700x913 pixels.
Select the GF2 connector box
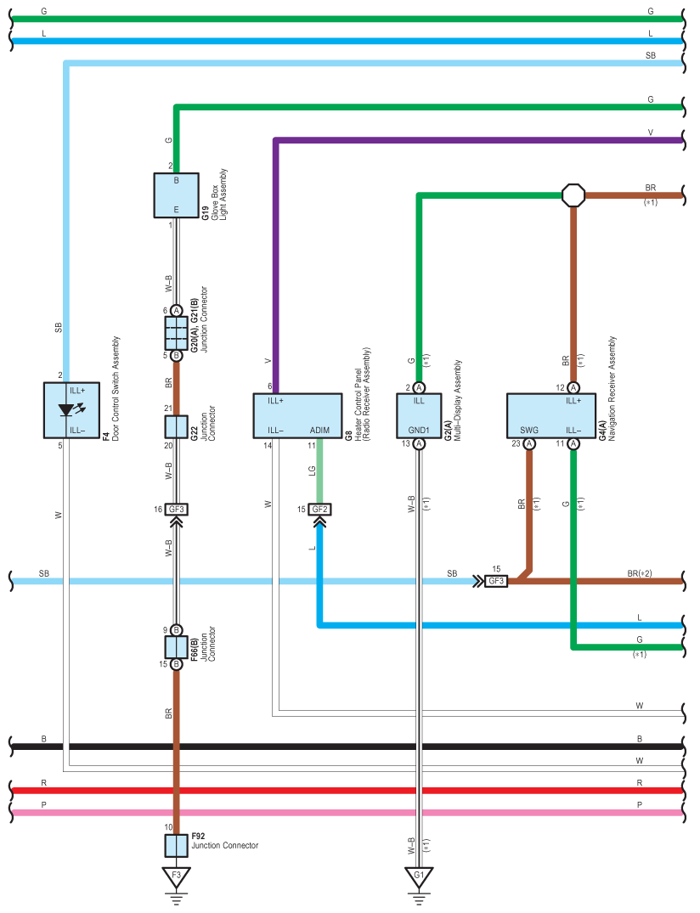pos(319,510)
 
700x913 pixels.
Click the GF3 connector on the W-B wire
pos(176,510)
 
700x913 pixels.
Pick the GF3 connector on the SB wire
pos(495,581)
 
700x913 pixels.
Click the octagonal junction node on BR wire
pos(573,195)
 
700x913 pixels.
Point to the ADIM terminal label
pos(319,431)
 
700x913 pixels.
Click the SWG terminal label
pos(528,431)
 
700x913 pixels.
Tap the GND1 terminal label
pos(419,431)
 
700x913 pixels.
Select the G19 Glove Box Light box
pos(176,195)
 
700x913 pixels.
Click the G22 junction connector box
pos(176,427)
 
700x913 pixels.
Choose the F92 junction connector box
pos(176,846)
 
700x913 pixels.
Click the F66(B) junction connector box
pos(176,647)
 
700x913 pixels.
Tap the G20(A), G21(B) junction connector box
pos(176,333)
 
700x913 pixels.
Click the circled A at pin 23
pos(528,444)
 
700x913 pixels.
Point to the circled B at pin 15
pos(176,664)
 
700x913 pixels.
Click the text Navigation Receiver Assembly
pos(612,388)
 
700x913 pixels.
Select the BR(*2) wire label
pos(640,573)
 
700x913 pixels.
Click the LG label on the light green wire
pos(312,471)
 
